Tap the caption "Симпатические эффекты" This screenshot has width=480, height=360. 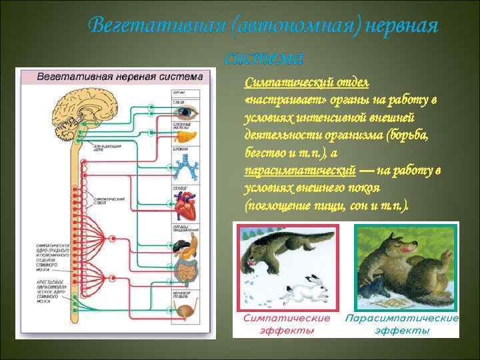pos(287,325)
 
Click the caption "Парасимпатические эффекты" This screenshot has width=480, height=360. pos(401,325)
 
